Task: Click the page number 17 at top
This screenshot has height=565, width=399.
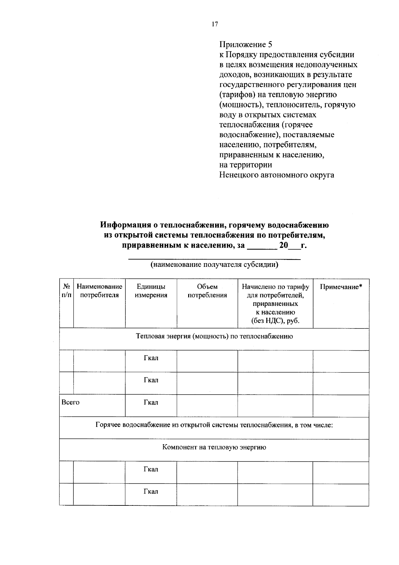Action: coord(214,24)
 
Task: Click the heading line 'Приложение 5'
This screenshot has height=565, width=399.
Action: coord(246,45)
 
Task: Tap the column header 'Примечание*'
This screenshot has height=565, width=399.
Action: coord(341,287)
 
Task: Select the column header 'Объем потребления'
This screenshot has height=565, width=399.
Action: coord(207,291)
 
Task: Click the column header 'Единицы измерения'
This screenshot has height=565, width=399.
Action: coord(151,291)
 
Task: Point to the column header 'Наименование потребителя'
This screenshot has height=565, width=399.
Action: coord(99,291)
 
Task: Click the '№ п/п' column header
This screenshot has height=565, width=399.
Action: coord(66,291)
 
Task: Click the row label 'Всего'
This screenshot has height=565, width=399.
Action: coord(71,402)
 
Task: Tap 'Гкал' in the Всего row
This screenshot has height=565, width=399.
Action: coord(151,402)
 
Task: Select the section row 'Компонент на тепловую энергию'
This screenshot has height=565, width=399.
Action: coord(214,447)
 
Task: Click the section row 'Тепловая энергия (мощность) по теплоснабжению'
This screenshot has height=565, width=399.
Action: coord(214,336)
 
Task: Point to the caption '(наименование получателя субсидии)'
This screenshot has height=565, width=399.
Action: coord(214,265)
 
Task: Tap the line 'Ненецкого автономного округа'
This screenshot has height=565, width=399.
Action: coord(277,175)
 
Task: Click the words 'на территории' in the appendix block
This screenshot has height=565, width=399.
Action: coord(245,165)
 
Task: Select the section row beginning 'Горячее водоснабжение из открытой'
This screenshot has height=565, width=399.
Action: coord(214,425)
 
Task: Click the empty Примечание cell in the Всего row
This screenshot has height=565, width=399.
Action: coord(341,406)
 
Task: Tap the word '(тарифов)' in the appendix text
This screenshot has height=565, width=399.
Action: coord(237,95)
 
